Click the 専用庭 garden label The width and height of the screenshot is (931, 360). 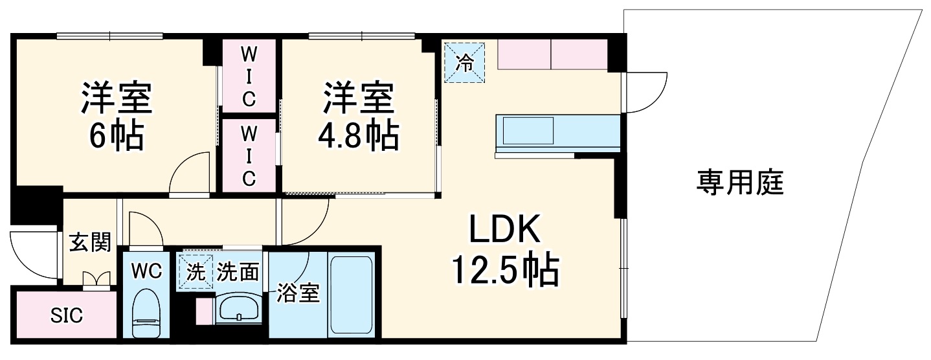tap(740, 184)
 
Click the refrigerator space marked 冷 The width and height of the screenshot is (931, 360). tap(464, 62)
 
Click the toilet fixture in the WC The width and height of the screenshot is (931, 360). tap(145, 315)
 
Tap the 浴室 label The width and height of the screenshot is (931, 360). tap(298, 293)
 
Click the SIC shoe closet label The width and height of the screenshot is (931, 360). tap(67, 315)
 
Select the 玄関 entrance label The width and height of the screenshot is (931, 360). tap(90, 243)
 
